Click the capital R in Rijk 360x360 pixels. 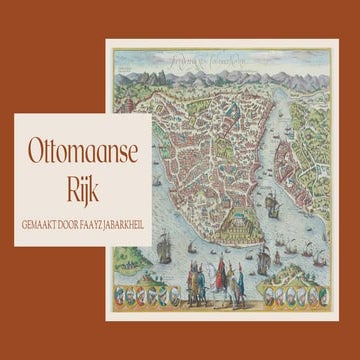[64, 189]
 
